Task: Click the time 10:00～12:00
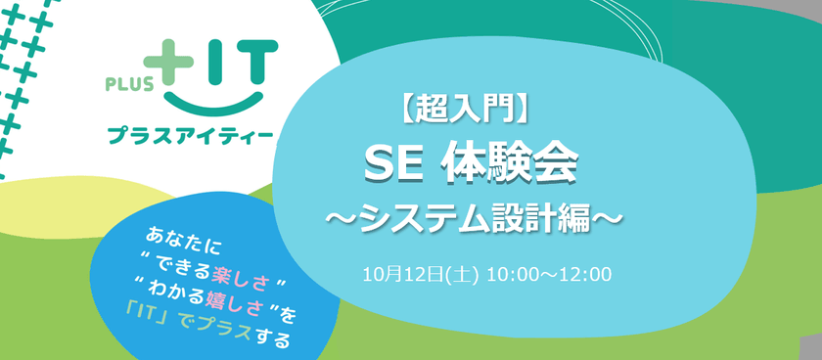click(552, 273)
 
